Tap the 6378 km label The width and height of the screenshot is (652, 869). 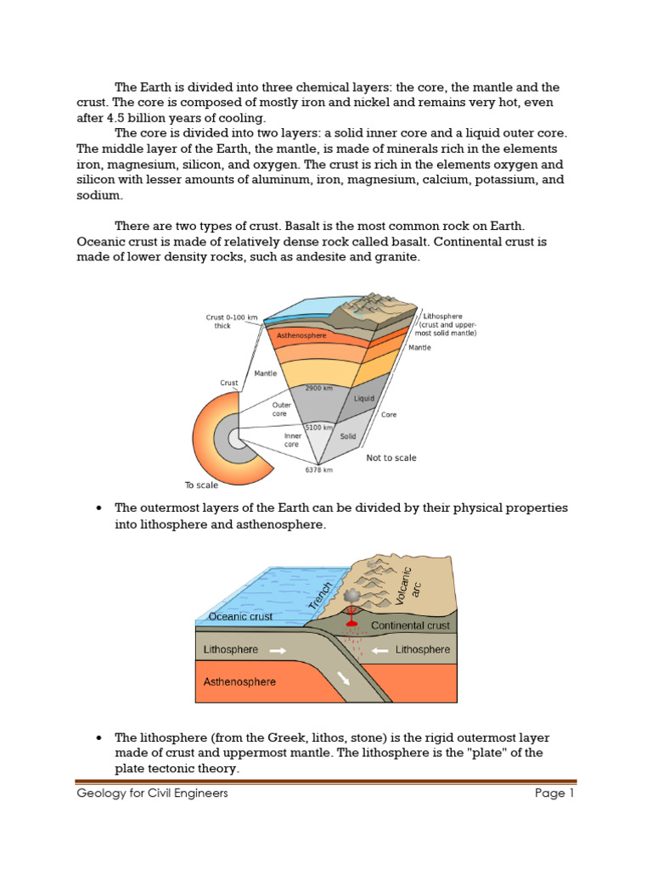pyautogui.click(x=318, y=469)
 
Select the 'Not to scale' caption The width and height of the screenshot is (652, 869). pyautogui.click(x=391, y=458)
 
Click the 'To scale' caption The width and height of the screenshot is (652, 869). pyautogui.click(x=201, y=485)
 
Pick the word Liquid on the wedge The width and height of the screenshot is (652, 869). pyautogui.click(x=364, y=398)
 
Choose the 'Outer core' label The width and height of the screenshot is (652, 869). pyautogui.click(x=282, y=410)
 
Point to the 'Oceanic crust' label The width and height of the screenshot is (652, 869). pyautogui.click(x=240, y=617)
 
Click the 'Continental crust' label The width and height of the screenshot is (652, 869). pyautogui.click(x=410, y=625)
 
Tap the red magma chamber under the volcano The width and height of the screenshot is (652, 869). pyautogui.click(x=351, y=626)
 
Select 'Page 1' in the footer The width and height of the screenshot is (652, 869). pyautogui.click(x=555, y=794)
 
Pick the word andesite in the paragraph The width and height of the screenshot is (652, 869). pyautogui.click(x=321, y=256)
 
